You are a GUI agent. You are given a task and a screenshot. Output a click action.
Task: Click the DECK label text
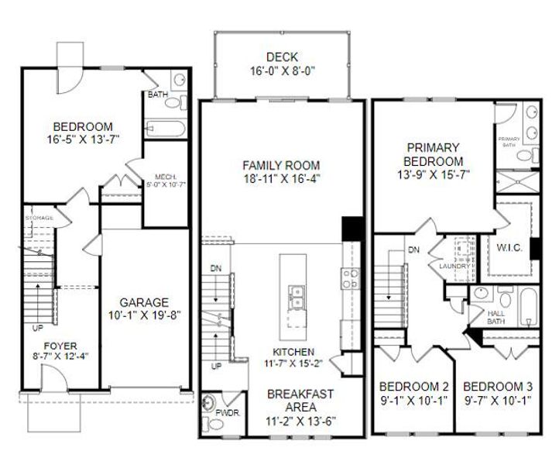(281, 56)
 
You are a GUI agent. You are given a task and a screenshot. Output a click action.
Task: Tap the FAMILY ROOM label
(280, 164)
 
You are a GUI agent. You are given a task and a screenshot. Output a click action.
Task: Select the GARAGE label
(144, 302)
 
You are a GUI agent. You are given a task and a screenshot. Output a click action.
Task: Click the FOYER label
(60, 346)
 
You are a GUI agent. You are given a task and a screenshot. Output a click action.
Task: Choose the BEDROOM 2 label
(413, 387)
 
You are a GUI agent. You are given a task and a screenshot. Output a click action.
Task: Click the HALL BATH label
(496, 317)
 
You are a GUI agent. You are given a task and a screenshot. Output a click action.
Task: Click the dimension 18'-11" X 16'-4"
(280, 177)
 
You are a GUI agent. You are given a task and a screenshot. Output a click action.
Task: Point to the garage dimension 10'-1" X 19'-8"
(144, 315)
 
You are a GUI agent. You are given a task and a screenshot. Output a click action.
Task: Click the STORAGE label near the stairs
(39, 218)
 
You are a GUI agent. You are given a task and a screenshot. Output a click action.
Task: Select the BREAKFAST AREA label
(301, 401)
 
